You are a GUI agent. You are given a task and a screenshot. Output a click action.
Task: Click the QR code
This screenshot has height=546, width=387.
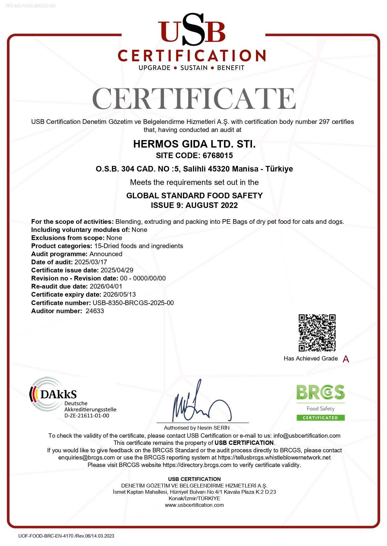[317, 333]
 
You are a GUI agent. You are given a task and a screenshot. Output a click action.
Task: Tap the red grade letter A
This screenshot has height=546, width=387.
[346, 359]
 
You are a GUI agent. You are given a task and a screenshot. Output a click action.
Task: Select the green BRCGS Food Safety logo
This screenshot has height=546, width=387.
[321, 402]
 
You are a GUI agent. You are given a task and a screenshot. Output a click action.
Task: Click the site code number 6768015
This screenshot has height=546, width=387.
[218, 155]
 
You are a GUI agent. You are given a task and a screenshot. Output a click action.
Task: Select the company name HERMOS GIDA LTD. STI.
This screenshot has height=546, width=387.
[194, 144]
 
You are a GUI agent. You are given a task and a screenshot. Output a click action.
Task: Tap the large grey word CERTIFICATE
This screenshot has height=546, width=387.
[194, 99]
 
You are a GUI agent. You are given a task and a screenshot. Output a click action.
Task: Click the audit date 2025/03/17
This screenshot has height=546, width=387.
[91, 262]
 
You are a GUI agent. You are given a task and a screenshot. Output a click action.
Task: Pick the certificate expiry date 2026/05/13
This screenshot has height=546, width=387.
[119, 294]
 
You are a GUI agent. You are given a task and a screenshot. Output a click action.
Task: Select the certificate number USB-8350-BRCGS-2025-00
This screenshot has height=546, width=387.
[133, 303]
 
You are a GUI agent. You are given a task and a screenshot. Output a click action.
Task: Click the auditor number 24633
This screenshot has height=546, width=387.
[95, 311]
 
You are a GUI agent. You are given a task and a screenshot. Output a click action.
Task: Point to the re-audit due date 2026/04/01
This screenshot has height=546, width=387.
[106, 286]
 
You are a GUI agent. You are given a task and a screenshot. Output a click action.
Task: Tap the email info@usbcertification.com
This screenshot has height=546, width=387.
[307, 436]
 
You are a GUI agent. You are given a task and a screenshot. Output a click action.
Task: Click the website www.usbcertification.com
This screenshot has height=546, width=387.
[194, 505]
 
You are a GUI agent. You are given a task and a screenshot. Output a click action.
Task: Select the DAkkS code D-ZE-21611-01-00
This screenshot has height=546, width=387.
[87, 416]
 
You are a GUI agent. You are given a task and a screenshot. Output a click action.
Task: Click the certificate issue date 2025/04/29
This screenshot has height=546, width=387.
[117, 270]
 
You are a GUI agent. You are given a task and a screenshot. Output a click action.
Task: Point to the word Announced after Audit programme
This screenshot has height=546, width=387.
[106, 254]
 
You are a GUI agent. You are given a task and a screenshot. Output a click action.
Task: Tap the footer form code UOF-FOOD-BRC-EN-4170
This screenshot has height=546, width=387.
[46, 536]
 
